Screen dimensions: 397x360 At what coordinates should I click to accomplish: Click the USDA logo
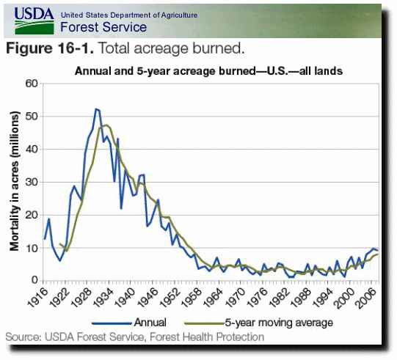tap(34, 21)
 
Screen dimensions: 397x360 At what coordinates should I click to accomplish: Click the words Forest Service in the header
tap(103, 27)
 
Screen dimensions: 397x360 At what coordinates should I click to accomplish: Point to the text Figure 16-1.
tap(50, 48)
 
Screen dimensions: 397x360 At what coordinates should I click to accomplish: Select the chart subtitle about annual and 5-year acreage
tap(208, 71)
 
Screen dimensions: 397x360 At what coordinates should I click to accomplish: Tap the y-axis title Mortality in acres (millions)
tap(15, 181)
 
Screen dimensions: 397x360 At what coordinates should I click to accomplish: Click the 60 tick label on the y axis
tap(32, 84)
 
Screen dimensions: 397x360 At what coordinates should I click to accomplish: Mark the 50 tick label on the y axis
tap(32, 117)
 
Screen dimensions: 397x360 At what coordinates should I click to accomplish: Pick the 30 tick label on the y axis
tap(32, 182)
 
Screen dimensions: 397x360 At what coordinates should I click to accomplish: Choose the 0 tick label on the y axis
tap(34, 280)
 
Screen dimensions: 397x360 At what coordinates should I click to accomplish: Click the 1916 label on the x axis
tap(37, 298)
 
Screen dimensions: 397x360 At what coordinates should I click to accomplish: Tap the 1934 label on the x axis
tap(103, 298)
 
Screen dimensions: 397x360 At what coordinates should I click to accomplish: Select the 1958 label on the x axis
tap(190, 298)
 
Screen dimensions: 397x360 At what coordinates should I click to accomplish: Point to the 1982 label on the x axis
tap(278, 298)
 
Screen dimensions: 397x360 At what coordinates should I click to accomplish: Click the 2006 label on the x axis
tap(365, 298)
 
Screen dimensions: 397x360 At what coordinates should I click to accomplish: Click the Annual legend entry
tap(129, 323)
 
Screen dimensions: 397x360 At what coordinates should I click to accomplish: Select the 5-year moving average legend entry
tap(259, 323)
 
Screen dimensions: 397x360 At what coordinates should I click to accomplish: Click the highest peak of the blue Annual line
tap(95, 109)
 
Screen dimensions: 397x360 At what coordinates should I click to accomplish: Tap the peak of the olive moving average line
tap(106, 125)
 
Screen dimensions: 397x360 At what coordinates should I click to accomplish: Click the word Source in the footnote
tap(22, 337)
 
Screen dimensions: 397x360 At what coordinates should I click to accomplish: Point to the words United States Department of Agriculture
tap(129, 15)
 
